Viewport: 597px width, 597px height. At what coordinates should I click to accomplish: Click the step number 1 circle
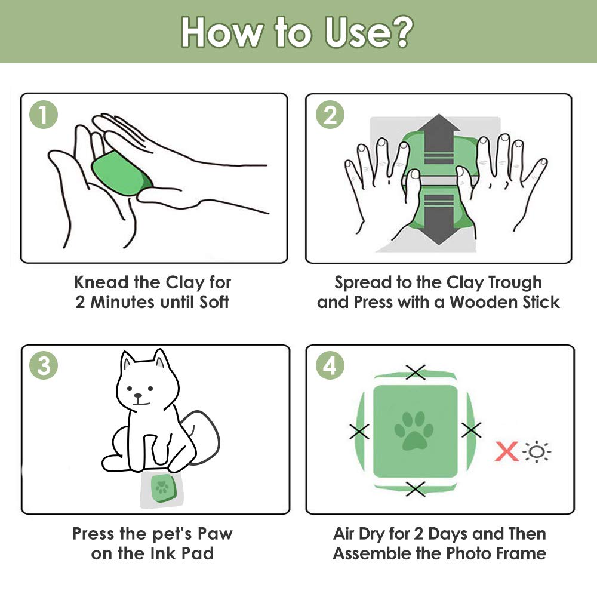pos(44,115)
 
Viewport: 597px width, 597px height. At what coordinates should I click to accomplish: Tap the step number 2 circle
pos(330,115)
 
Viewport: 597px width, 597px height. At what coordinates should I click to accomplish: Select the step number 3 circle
pos(44,365)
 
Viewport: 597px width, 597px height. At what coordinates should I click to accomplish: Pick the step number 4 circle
pos(330,365)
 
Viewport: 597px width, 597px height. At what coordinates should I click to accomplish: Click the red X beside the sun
pos(507,451)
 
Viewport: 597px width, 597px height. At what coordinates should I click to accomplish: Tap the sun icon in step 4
pos(537,452)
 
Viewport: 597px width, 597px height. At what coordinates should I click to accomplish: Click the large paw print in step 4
pos(414,430)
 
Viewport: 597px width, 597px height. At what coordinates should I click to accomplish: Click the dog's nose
pos(138,396)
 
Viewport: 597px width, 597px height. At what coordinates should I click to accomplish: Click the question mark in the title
pos(400,32)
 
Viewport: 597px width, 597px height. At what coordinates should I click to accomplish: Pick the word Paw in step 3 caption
pos(215,534)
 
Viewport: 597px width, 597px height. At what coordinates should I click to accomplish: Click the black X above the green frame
pos(416,372)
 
